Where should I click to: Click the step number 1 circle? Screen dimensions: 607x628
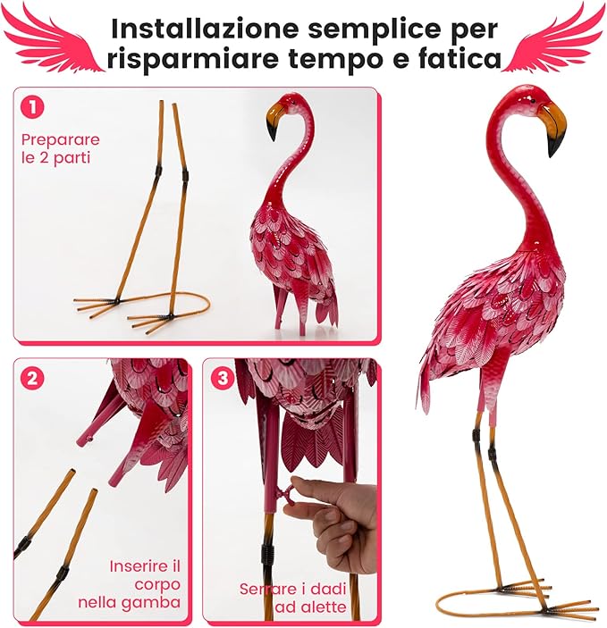click(x=32, y=107)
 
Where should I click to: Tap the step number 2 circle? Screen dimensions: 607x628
click(x=32, y=378)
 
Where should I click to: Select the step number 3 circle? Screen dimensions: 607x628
click(x=222, y=378)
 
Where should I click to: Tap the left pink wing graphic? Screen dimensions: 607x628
click(x=52, y=38)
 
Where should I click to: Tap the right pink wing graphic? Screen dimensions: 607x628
click(x=555, y=38)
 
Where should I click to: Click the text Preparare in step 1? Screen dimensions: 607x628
click(x=61, y=140)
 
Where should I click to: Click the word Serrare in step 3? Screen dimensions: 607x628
click(x=266, y=590)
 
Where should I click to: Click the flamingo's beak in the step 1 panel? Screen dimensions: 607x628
click(x=274, y=121)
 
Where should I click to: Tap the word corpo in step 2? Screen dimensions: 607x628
click(x=157, y=585)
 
